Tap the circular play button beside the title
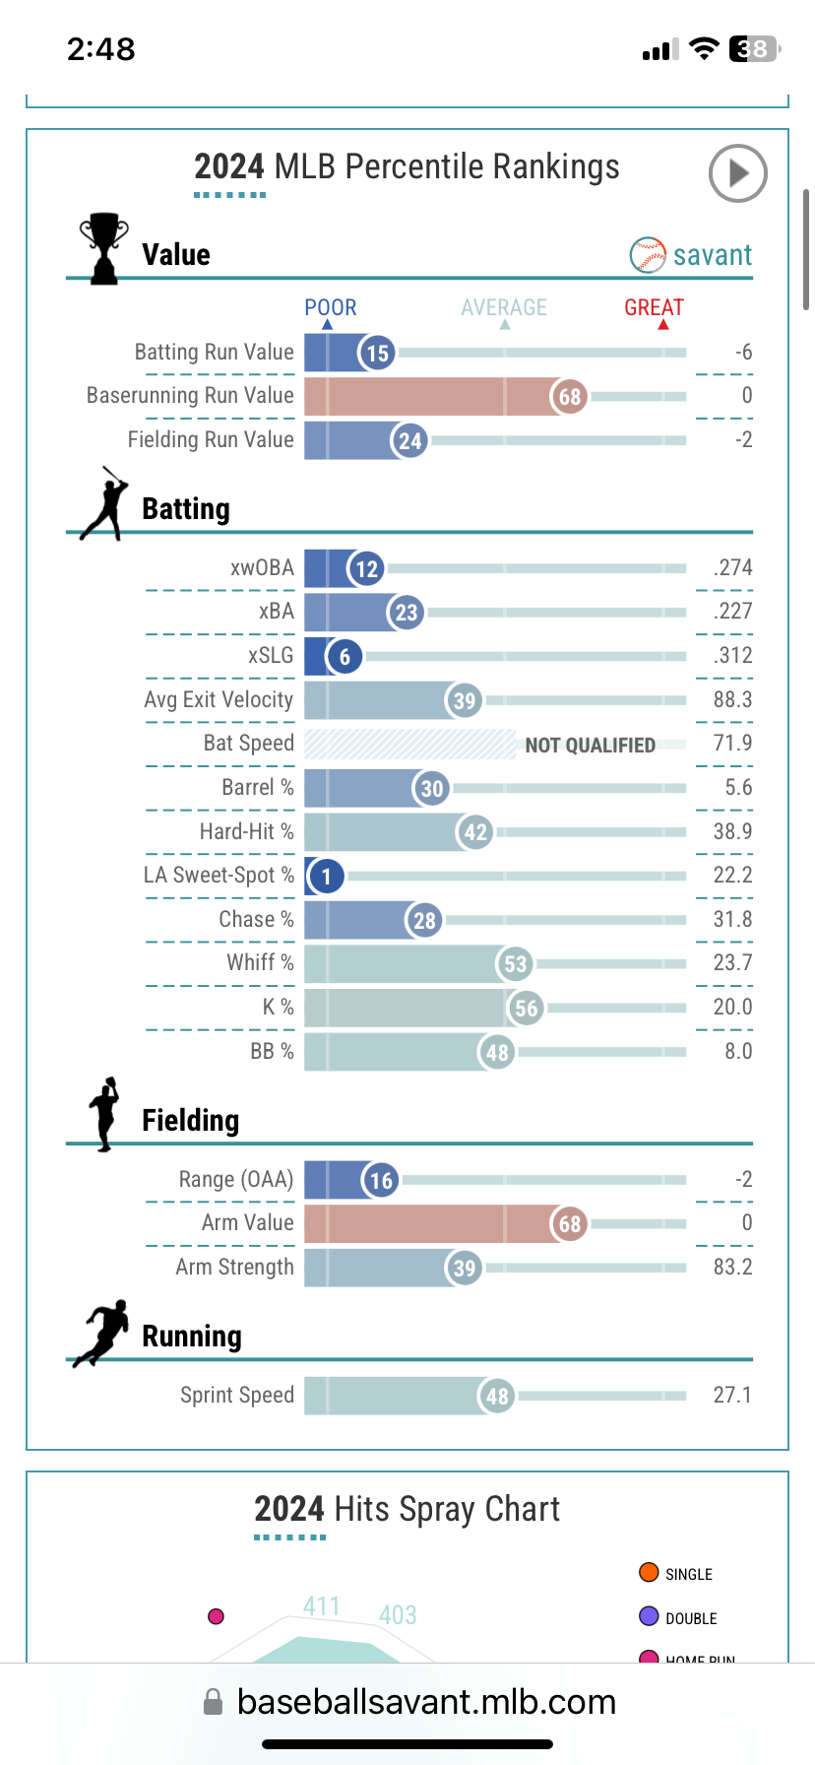(x=737, y=173)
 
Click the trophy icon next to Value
(x=103, y=248)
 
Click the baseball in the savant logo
(x=648, y=255)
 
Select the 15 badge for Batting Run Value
(x=378, y=353)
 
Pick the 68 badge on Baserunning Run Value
(x=570, y=397)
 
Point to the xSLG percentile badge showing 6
(x=345, y=657)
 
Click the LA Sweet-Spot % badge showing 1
(x=327, y=876)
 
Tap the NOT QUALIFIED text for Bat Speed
(x=590, y=746)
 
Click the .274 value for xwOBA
(x=732, y=567)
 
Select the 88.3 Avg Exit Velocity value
(x=732, y=699)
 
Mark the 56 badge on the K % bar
(x=527, y=1008)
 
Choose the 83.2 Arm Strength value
(x=732, y=1267)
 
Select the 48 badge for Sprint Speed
(x=498, y=1396)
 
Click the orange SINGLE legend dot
(x=649, y=1572)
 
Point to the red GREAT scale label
(x=654, y=307)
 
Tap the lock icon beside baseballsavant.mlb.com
(x=213, y=1702)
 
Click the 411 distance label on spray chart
(x=321, y=1606)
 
